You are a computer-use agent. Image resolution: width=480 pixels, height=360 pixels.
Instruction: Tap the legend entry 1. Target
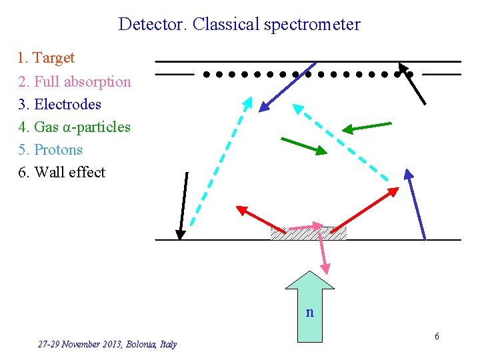coord(46,58)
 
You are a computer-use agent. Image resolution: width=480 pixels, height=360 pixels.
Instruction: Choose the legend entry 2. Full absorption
coord(74,81)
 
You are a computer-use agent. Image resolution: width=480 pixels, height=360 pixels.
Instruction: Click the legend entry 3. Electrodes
coord(59,104)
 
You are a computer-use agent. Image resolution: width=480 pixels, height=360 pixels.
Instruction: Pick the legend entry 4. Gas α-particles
coord(74,127)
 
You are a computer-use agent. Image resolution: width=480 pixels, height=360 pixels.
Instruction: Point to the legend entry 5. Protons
coord(50,149)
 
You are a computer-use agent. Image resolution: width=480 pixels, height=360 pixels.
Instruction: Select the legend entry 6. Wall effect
coord(61,172)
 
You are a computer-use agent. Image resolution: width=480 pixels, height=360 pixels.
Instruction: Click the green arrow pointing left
coord(367,127)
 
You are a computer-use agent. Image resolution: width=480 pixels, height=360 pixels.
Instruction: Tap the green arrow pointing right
coord(304,147)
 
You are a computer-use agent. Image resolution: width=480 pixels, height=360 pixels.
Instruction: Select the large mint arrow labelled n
coord(309,307)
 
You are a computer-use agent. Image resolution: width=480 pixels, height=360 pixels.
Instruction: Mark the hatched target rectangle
coord(309,233)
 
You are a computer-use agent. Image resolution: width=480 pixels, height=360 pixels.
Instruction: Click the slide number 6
coord(437,336)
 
